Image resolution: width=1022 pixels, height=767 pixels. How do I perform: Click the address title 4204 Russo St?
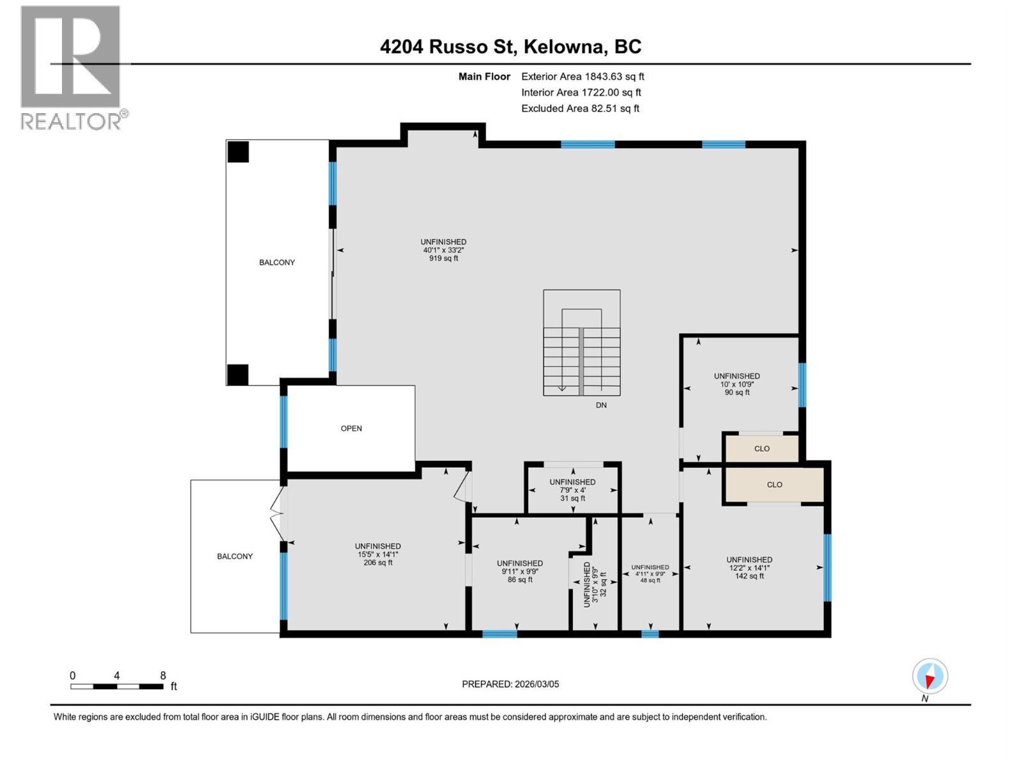point(510,47)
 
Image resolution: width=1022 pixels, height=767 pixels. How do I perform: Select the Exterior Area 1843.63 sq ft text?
point(582,77)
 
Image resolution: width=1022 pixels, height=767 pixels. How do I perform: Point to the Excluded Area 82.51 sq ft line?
point(579,109)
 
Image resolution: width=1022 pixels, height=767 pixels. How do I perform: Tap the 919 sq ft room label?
point(443,258)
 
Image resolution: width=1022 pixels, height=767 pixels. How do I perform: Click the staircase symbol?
point(581,343)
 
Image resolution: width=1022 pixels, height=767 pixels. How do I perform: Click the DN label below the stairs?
point(601,405)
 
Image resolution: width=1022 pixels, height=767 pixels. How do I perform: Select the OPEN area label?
point(351,428)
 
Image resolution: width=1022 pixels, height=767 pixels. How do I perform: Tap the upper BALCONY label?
point(277,263)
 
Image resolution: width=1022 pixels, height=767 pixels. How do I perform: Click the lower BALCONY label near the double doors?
point(234,557)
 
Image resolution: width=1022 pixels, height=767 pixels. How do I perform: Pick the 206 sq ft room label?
point(378,562)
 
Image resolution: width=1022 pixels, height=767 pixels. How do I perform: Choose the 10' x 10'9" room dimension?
point(737,384)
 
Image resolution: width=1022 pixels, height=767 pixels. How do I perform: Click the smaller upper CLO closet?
point(761,449)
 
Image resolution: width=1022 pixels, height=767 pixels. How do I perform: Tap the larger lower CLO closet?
point(774,484)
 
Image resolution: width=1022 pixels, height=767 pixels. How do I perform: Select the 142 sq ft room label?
point(749,576)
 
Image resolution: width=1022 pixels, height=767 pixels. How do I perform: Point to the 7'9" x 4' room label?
point(572,490)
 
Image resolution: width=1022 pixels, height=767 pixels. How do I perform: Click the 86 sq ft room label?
point(520,580)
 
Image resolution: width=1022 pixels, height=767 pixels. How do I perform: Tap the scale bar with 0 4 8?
point(118,686)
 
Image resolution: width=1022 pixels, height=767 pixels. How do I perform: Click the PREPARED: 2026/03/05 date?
point(510,684)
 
